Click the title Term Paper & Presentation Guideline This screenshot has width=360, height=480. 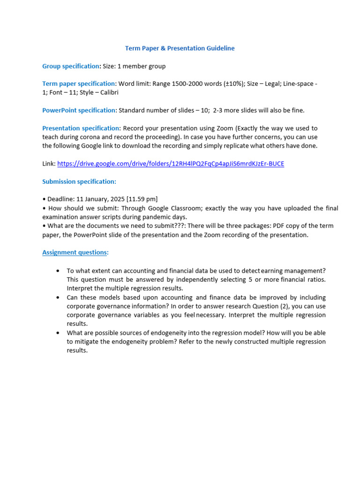[x=180, y=48]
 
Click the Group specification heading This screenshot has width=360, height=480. [x=71, y=66]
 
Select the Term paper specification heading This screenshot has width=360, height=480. [x=79, y=83]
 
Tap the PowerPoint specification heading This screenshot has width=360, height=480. [x=79, y=110]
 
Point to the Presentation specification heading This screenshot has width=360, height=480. [x=81, y=128]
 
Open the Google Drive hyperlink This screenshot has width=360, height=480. [x=171, y=164]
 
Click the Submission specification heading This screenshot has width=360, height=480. [x=79, y=181]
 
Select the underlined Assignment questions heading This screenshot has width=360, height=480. [x=75, y=252]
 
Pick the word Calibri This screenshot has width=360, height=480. [x=108, y=92]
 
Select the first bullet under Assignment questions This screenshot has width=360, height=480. [x=58, y=271]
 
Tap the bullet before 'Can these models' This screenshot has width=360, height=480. [x=58, y=298]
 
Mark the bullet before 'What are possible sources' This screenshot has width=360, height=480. [x=58, y=333]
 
